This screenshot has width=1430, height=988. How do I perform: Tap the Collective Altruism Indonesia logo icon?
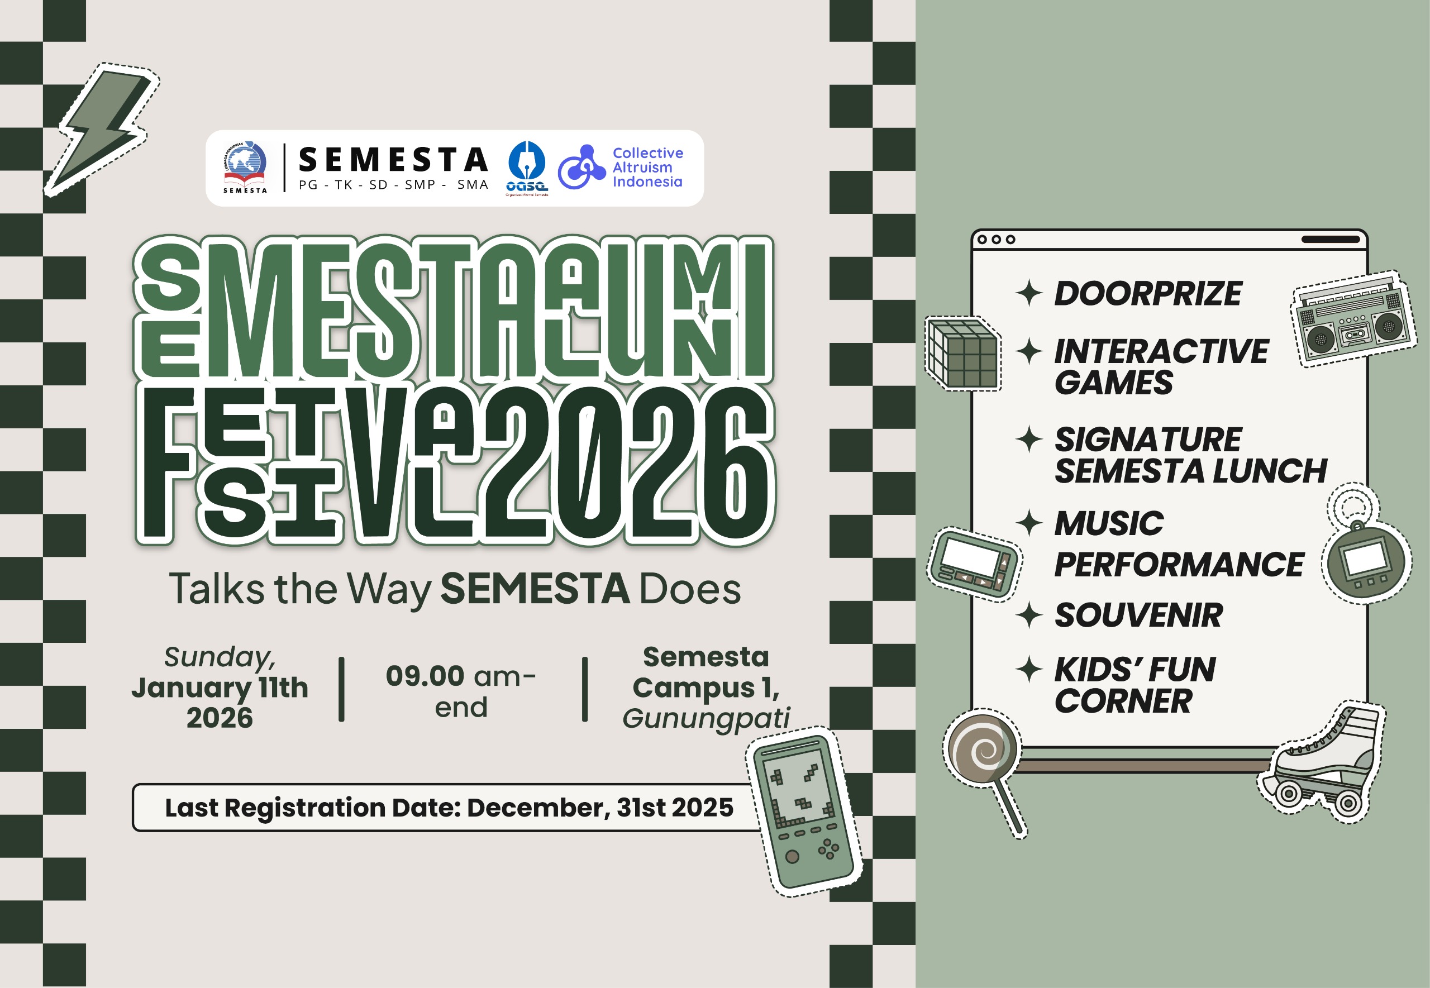pos(581,167)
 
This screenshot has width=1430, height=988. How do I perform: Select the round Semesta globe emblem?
pos(246,161)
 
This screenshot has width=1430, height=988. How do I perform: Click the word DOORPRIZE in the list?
pos(1148,293)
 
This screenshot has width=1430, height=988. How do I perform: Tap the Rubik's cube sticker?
pos(962,354)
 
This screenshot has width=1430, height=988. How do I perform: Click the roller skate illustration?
pos(1325,765)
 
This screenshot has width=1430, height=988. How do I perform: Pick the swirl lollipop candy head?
pos(983,748)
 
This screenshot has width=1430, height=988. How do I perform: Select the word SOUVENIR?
pos(1138,615)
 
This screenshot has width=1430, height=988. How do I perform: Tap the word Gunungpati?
pos(706,719)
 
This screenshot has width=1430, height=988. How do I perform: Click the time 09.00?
pos(425,676)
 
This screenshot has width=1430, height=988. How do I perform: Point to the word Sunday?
pos(220,657)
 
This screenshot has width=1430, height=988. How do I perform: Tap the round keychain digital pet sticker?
pos(1367,561)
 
